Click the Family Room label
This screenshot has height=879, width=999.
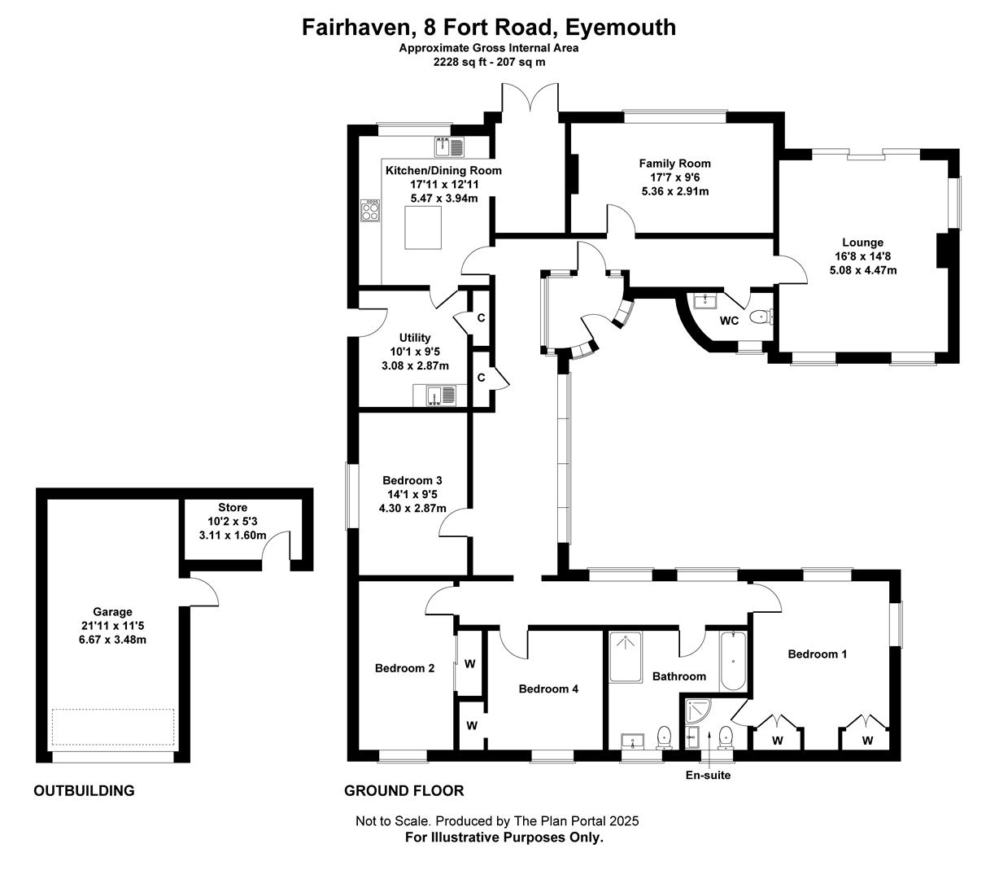[x=674, y=164]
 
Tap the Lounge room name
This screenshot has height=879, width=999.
[x=862, y=243]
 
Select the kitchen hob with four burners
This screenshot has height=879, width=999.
[x=370, y=210]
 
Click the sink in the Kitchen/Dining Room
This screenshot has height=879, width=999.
[x=449, y=147]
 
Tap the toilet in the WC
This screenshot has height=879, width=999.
[x=761, y=316]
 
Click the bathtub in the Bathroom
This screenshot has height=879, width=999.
[x=733, y=661]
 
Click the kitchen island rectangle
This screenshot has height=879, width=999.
[x=422, y=228]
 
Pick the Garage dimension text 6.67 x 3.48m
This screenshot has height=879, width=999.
[x=112, y=639]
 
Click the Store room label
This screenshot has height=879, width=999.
[x=233, y=507]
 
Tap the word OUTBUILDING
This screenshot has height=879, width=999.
[x=84, y=790]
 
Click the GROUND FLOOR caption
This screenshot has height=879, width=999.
[x=404, y=790]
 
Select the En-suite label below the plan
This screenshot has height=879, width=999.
[x=708, y=775]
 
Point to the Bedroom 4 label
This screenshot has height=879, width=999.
[x=548, y=689]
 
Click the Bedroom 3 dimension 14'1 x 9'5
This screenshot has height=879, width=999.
[x=412, y=494]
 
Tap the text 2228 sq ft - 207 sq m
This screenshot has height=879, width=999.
[x=489, y=62]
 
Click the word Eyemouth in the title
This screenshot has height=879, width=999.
[x=620, y=28]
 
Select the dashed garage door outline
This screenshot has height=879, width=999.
[x=113, y=727]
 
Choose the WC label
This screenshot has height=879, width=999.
[x=729, y=321]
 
